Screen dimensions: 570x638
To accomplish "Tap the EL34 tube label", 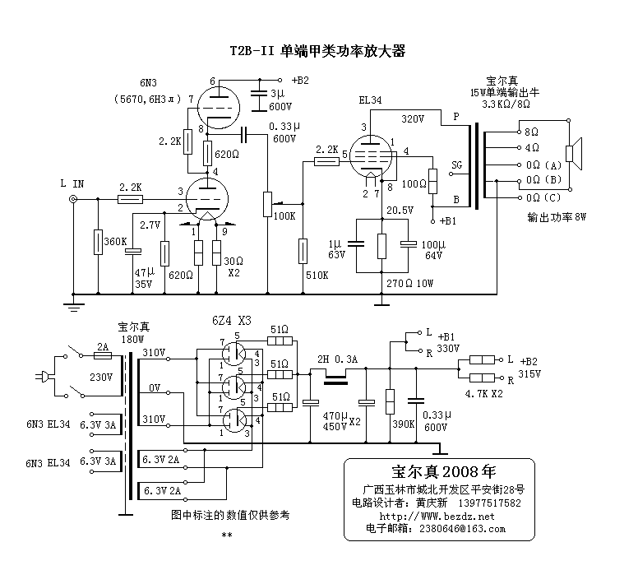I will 371,102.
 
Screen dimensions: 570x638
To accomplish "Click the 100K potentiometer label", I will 284,215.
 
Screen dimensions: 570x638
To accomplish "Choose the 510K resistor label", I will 316,275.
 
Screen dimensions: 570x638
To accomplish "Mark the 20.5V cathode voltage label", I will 400,211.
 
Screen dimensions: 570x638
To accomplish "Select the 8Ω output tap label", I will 531,131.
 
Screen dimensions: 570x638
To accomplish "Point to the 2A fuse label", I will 102,347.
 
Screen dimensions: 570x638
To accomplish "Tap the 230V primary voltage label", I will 101,378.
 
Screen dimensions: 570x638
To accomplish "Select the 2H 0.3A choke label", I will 336,359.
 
